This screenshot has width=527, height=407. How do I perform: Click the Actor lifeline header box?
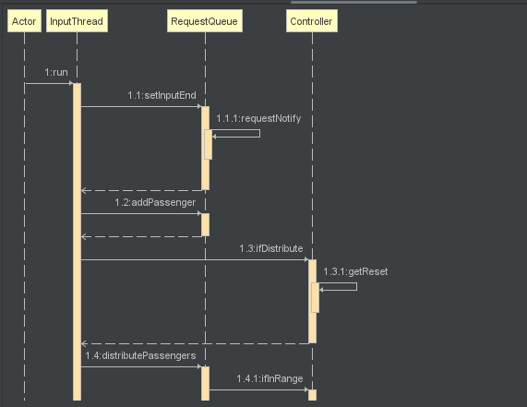[24, 21]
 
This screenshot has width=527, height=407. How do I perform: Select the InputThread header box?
[77, 21]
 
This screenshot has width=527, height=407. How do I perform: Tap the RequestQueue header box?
[205, 21]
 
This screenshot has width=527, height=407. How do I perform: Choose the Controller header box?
[312, 21]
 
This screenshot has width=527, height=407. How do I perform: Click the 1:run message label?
[56, 72]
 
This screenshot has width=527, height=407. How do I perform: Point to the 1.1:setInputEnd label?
[162, 95]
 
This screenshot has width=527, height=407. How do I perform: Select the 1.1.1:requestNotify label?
[258, 119]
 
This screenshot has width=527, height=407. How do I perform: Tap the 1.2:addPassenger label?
[155, 202]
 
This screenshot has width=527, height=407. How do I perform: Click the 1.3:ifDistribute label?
[271, 248]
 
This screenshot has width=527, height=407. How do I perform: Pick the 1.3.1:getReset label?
[355, 271]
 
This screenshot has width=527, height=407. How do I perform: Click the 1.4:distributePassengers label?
[140, 355]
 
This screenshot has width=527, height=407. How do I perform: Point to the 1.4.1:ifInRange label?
[269, 378]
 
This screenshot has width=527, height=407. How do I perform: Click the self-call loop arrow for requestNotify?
[259, 134]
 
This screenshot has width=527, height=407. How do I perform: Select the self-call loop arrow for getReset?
[356, 287]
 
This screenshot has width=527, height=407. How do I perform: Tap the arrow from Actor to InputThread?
[49, 83]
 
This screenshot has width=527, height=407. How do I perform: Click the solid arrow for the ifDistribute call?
[195, 259]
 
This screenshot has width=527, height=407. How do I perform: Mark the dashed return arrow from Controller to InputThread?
[195, 343]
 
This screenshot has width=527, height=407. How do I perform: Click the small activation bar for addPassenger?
[206, 224]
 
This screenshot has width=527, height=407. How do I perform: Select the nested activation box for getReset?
[316, 298]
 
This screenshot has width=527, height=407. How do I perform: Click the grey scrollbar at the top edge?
[353, 2]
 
